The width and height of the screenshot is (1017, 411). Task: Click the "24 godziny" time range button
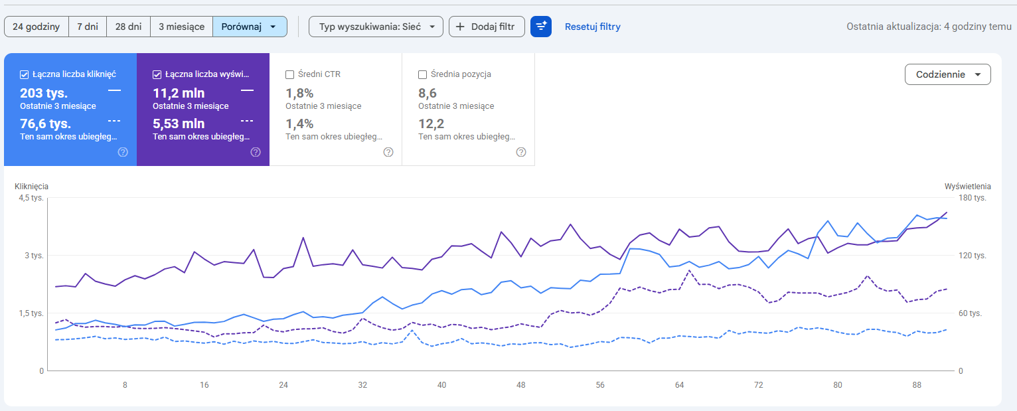[37, 27]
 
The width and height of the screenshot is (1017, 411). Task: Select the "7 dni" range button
[88, 27]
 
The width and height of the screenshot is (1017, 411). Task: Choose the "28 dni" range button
[129, 27]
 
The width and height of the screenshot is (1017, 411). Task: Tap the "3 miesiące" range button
[182, 27]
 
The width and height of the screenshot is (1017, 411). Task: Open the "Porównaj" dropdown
[250, 27]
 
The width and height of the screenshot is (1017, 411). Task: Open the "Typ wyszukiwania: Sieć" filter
[376, 27]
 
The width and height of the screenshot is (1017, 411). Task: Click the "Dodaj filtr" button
[487, 27]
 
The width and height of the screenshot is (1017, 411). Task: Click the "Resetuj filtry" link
[593, 27]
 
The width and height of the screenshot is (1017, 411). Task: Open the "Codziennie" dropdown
[948, 74]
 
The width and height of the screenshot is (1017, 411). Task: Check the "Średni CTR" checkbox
[289, 74]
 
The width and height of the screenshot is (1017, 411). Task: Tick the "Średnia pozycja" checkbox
[422, 74]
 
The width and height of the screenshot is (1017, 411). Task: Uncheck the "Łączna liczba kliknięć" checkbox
[24, 74]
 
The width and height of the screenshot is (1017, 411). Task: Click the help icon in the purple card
[256, 152]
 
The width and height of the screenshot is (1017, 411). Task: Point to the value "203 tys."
[44, 93]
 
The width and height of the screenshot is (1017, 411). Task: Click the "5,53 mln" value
[179, 123]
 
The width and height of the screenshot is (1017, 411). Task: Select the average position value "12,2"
[431, 123]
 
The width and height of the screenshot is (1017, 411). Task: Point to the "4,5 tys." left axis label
[31, 198]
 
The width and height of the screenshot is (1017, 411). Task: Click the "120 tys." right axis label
[973, 256]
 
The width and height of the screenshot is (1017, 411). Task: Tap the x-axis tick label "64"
[679, 385]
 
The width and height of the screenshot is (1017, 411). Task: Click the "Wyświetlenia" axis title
[968, 187]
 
